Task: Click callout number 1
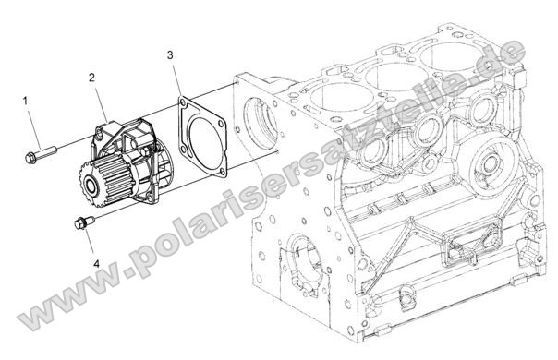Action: (25, 102)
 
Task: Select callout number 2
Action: (91, 78)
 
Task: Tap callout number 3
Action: (171, 55)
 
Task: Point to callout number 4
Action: (96, 264)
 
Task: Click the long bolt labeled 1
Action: (41, 155)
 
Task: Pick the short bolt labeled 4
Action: (84, 222)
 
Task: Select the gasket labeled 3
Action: (202, 137)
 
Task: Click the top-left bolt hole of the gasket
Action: (183, 103)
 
